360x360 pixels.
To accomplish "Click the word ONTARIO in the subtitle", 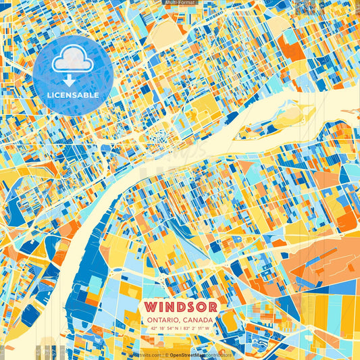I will coord(161,320).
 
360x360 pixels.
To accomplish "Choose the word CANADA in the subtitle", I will coord(197,320).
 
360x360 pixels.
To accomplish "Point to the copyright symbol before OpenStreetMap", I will coord(166,355).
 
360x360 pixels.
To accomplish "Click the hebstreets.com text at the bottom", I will coord(143,355).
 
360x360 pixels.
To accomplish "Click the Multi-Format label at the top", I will coord(180,3).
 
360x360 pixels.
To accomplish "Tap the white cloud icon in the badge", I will coord(72,61).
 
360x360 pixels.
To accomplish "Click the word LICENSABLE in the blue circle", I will coord(73,95).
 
